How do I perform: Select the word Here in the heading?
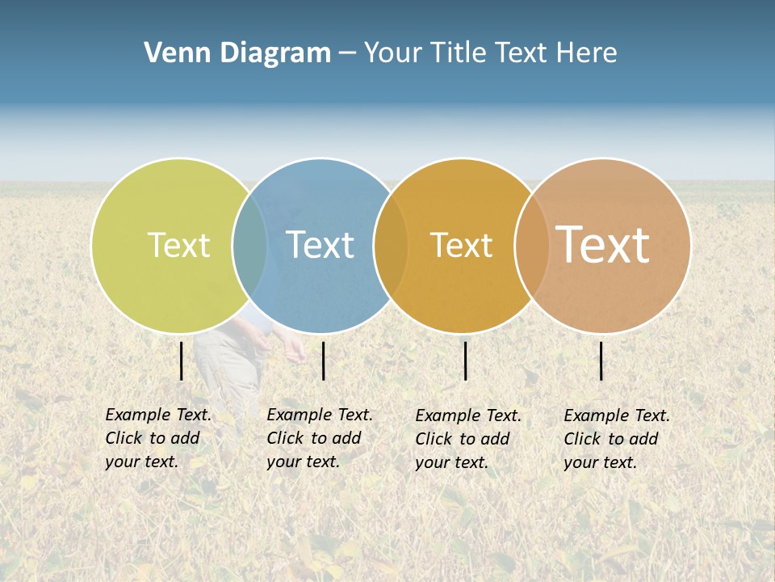[x=587, y=53]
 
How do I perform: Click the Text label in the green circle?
[x=178, y=245]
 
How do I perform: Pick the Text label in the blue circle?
[x=320, y=245]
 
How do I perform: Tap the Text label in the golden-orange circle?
[x=461, y=245]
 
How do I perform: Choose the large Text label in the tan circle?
[x=602, y=245]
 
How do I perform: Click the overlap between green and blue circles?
[x=249, y=245]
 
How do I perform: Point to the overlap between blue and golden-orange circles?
[x=391, y=245]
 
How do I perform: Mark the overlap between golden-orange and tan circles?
[x=532, y=245]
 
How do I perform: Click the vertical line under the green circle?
[x=182, y=361]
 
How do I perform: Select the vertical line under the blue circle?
[x=323, y=361]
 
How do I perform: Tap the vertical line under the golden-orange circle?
[x=466, y=361]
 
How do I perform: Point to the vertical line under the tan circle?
[x=601, y=361]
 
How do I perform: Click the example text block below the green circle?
[x=158, y=438]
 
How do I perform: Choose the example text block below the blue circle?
[x=320, y=438]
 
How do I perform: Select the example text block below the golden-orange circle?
[x=468, y=439]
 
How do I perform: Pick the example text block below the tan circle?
[x=617, y=439]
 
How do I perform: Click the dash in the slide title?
[x=347, y=53]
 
